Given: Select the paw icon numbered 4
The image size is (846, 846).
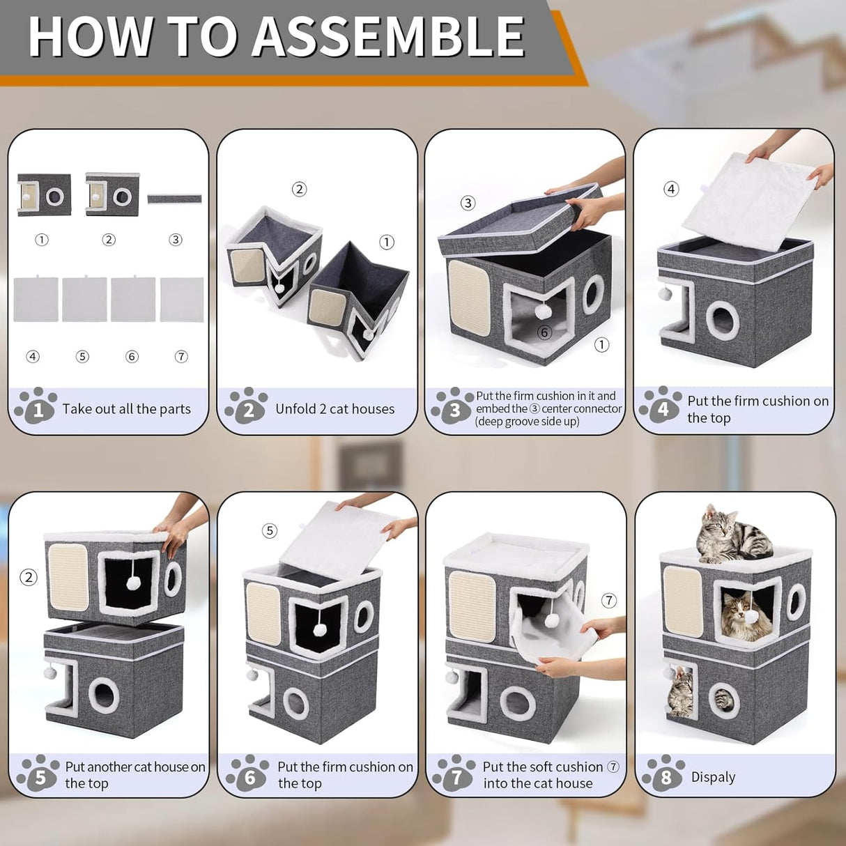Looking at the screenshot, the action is point(661,405).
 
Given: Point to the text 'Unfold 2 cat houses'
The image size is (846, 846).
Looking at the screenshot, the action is point(334,409).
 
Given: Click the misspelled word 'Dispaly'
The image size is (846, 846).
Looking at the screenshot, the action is point(713,777).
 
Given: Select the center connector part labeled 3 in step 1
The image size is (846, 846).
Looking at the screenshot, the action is point(174,199).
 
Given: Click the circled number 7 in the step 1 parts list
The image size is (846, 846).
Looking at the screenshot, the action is point(181,357).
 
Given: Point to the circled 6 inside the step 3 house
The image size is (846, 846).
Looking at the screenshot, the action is point(544,332).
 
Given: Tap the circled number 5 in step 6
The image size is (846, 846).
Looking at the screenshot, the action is point(270,531).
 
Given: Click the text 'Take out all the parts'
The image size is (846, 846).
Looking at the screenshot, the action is point(126,409).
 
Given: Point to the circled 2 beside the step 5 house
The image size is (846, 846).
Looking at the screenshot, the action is point(29,577).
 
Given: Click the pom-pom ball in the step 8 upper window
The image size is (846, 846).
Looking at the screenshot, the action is point(752,617).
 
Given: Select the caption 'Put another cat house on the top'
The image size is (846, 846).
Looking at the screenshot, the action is point(135,775).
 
